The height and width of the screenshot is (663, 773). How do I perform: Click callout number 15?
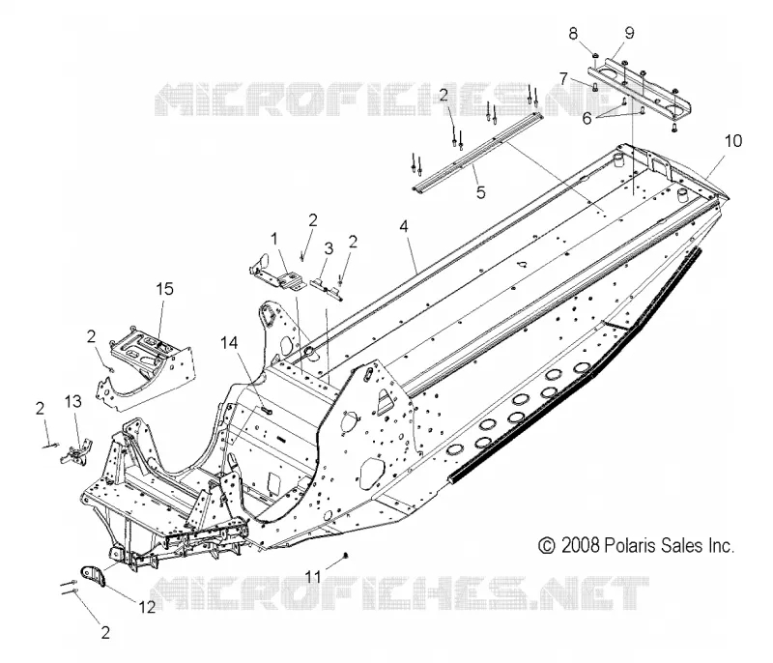pyautogui.click(x=164, y=289)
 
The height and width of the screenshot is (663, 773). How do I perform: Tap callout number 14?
pyautogui.click(x=229, y=343)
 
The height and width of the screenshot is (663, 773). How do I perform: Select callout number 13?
pyautogui.click(x=73, y=402)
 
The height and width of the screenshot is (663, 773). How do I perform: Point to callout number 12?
pyautogui.click(x=147, y=606)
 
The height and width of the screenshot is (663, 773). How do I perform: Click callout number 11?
pyautogui.click(x=312, y=576)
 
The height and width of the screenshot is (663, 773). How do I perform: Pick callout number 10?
pyautogui.click(x=733, y=141)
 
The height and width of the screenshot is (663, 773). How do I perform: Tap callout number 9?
pyautogui.click(x=629, y=33)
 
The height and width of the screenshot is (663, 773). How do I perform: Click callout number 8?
pyautogui.click(x=573, y=34)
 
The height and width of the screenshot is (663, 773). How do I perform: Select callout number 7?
pyautogui.click(x=563, y=78)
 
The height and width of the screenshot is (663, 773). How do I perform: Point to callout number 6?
pyautogui.click(x=587, y=119)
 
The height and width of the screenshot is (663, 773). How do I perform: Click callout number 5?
pyautogui.click(x=480, y=191)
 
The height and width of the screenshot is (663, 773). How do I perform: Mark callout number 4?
pyautogui.click(x=404, y=227)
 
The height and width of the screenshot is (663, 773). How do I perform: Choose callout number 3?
pyautogui.click(x=329, y=248)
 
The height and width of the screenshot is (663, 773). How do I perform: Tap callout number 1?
pyautogui.click(x=274, y=240)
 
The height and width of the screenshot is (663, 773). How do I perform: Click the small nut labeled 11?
pyautogui.click(x=346, y=556)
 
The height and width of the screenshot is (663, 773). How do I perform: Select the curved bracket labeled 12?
pyautogui.click(x=94, y=576)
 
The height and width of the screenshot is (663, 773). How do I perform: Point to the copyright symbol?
pyautogui.click(x=546, y=546)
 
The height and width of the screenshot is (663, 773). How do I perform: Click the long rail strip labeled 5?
pyautogui.click(x=476, y=152)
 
